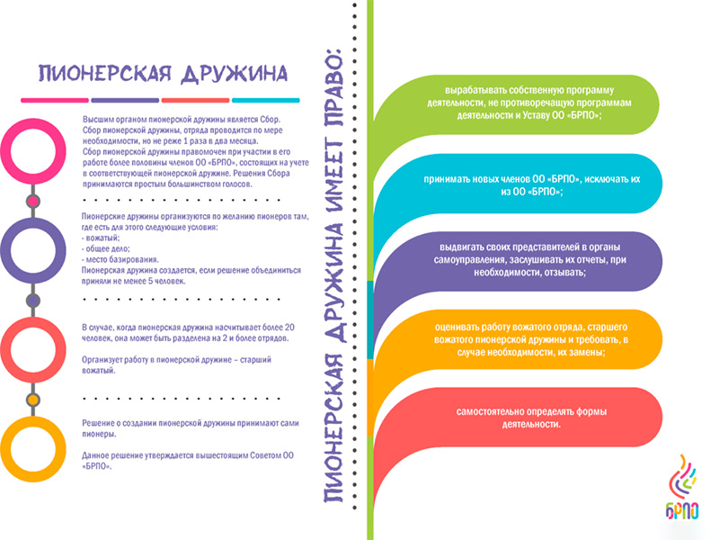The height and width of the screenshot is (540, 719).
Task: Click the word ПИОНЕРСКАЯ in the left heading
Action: [x=104, y=74]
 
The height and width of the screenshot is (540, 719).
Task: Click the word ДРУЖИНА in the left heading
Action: [x=235, y=74]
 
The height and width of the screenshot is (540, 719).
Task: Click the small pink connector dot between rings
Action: [x=32, y=201]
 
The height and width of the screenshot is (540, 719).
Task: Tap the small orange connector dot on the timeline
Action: [x=32, y=400]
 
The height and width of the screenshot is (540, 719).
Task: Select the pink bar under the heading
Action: [x=55, y=100]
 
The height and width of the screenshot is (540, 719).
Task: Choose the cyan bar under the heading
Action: [x=265, y=100]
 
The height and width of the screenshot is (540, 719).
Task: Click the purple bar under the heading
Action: [x=125, y=100]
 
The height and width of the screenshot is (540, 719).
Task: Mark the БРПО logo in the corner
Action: [x=682, y=487]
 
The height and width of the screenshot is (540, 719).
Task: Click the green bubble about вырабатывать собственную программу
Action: [x=528, y=103]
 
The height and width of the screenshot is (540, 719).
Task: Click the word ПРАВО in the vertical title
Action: [x=333, y=85]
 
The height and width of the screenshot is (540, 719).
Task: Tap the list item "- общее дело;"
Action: [x=105, y=248]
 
